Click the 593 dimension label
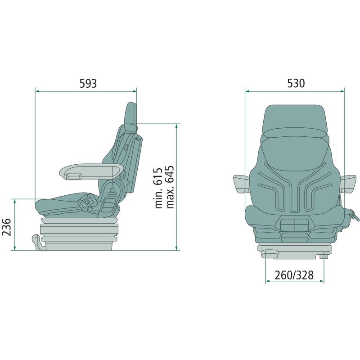coord(88,84)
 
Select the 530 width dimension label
coord(296,83)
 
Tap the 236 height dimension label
coord(6,227)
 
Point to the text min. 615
coord(159,188)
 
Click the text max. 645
coord(170,187)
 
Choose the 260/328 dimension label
coord(294,275)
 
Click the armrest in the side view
coord(92,171)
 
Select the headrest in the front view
coord(295,119)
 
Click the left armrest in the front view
coord(242,184)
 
